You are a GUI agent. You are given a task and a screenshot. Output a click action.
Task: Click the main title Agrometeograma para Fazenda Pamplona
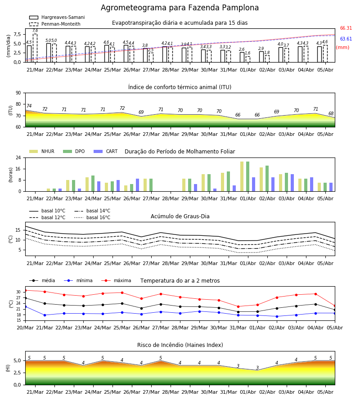[x=180, y=8]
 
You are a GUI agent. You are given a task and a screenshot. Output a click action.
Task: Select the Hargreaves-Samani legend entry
[x=57, y=17]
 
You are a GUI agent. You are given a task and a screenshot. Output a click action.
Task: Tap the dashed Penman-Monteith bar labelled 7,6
[x=35, y=48]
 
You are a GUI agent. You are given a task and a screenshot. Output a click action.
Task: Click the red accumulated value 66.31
[x=346, y=28]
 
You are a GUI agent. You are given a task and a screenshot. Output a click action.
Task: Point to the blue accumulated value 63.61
[x=346, y=39]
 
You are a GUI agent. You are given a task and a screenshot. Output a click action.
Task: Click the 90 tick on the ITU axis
[x=18, y=93]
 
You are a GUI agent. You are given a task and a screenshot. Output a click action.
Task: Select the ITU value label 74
[x=29, y=106]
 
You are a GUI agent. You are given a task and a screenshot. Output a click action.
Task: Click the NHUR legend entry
[x=42, y=151]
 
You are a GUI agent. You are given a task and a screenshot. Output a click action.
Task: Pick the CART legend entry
[x=106, y=151]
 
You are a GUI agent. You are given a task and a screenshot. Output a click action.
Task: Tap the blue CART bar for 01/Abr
[x=254, y=184]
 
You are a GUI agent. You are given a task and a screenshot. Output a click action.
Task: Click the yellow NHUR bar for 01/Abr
[x=242, y=176]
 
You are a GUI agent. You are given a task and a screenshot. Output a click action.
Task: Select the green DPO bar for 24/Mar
[x=93, y=184]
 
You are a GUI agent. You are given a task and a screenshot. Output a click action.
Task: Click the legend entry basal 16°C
[x=92, y=217]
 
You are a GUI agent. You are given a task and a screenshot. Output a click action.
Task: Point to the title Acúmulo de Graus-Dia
[x=180, y=216]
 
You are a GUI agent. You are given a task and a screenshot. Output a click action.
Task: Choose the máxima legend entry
[x=116, y=280]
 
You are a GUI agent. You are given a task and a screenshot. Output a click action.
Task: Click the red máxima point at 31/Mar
[x=238, y=306]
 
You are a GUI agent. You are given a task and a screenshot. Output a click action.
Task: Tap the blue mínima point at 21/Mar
[x=45, y=315]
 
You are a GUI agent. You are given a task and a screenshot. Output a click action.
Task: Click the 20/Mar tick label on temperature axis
[x=25, y=328]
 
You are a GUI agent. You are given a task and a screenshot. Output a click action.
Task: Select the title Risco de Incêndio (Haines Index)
[x=180, y=345]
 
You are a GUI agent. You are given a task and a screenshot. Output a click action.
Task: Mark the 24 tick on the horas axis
[x=18, y=157]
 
